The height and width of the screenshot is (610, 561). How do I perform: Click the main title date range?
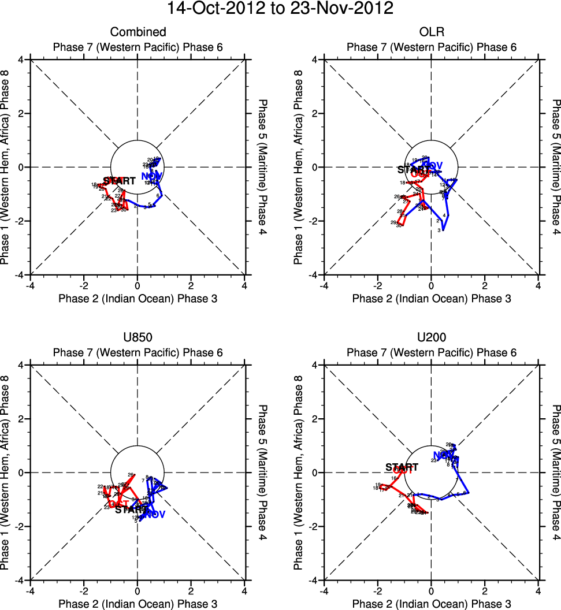[280, 9]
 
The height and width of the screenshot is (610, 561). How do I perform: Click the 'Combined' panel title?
[138, 32]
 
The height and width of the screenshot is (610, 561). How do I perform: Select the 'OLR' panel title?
[431, 32]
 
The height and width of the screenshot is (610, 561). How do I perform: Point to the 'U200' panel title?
[431, 338]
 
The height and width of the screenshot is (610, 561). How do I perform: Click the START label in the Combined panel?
[120, 181]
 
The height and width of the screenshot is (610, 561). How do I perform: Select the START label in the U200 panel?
[402, 467]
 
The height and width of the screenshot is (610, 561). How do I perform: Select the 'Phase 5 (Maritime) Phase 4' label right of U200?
[556, 473]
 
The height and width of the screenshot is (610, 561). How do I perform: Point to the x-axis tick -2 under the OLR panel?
[378, 285]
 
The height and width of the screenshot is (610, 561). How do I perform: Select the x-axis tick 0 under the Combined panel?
[138, 285]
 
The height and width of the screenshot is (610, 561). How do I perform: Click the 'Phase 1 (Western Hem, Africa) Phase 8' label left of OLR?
[299, 168]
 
